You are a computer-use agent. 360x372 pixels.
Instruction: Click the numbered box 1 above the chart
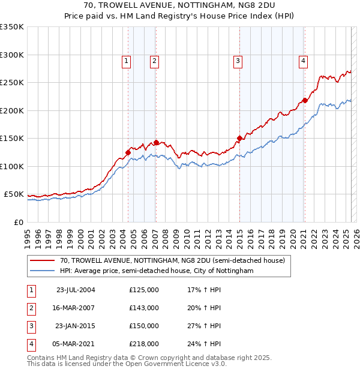tap(127, 60)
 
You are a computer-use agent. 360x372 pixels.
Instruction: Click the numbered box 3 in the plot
tap(238, 60)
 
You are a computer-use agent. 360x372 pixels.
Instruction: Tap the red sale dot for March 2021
tap(305, 100)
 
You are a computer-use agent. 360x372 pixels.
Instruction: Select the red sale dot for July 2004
tap(128, 152)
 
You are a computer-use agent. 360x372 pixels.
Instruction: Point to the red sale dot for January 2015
tap(239, 138)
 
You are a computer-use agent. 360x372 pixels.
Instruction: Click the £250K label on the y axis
tap(12, 83)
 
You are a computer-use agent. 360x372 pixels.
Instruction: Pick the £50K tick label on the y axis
tap(14, 194)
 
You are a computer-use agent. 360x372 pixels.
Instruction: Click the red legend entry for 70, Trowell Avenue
tap(176, 260)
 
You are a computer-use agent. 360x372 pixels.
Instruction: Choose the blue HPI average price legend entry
tap(157, 271)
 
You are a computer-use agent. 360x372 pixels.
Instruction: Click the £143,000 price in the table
tap(144, 308)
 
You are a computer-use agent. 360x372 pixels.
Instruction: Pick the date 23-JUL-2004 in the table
tap(76, 290)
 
